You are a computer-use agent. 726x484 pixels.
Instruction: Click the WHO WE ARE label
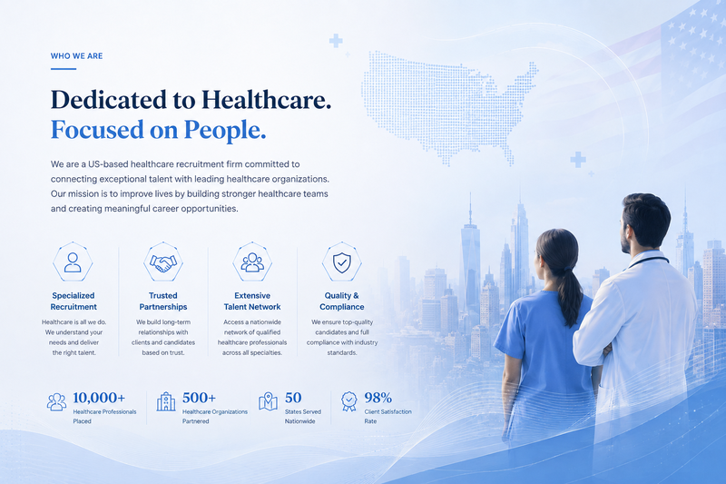(76, 56)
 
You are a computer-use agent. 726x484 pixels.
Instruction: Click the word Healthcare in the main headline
(266, 100)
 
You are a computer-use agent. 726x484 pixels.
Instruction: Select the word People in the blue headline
(225, 130)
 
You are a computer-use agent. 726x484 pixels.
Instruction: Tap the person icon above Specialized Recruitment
(73, 262)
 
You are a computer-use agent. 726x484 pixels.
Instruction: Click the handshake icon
(163, 263)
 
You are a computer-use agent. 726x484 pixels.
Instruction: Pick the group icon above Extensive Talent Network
(252, 262)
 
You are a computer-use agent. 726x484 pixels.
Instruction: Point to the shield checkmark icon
(342, 262)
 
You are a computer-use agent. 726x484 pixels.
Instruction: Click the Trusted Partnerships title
(163, 301)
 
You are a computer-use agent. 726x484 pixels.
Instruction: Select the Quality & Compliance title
(342, 301)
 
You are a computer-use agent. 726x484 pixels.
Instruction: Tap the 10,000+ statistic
(99, 398)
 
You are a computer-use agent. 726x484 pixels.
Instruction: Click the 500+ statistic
(199, 398)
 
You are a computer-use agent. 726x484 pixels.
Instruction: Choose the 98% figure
(378, 398)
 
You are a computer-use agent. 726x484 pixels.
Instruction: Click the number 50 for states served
(293, 398)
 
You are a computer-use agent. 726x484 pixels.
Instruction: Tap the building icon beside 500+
(166, 401)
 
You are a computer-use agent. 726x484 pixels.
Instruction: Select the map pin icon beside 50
(268, 401)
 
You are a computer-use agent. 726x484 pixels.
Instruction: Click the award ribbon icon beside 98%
(349, 401)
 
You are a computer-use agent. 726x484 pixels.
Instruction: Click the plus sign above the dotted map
(336, 41)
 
